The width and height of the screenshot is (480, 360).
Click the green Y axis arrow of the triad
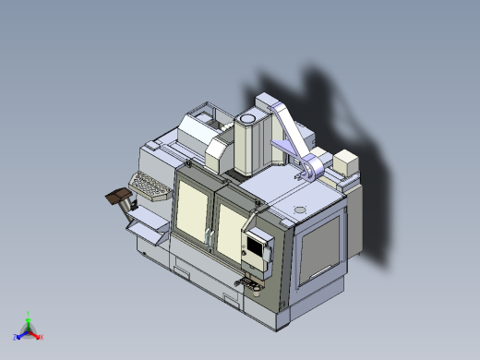tap(29, 317)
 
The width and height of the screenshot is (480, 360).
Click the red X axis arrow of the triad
tap(39, 337)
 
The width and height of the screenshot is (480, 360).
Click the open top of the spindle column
tap(248, 119)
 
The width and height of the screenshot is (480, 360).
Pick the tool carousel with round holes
tap(150, 186)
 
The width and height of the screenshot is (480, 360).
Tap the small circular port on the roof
tap(298, 210)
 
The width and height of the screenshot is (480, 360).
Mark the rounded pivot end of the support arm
tap(315, 167)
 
